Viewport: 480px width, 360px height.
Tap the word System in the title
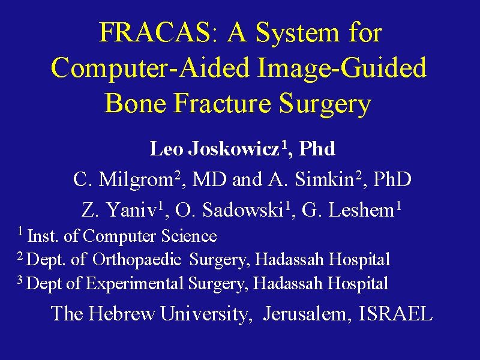[x=297, y=32]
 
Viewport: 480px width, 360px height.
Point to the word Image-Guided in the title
[x=341, y=68]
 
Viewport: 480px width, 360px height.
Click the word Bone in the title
[x=136, y=103]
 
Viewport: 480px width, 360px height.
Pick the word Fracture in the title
[x=223, y=103]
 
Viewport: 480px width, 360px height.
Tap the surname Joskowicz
[x=234, y=149]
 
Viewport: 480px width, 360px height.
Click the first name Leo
[x=167, y=149]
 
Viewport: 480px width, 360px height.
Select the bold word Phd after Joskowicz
[x=317, y=149]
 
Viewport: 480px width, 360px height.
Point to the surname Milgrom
[x=136, y=180]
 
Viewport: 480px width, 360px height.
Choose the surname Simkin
[x=325, y=179]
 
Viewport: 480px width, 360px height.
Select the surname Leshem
[x=362, y=210]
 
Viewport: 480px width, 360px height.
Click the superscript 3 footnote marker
[x=20, y=280]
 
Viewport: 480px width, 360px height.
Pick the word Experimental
[x=134, y=283]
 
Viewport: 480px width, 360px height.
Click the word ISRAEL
[x=395, y=313]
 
